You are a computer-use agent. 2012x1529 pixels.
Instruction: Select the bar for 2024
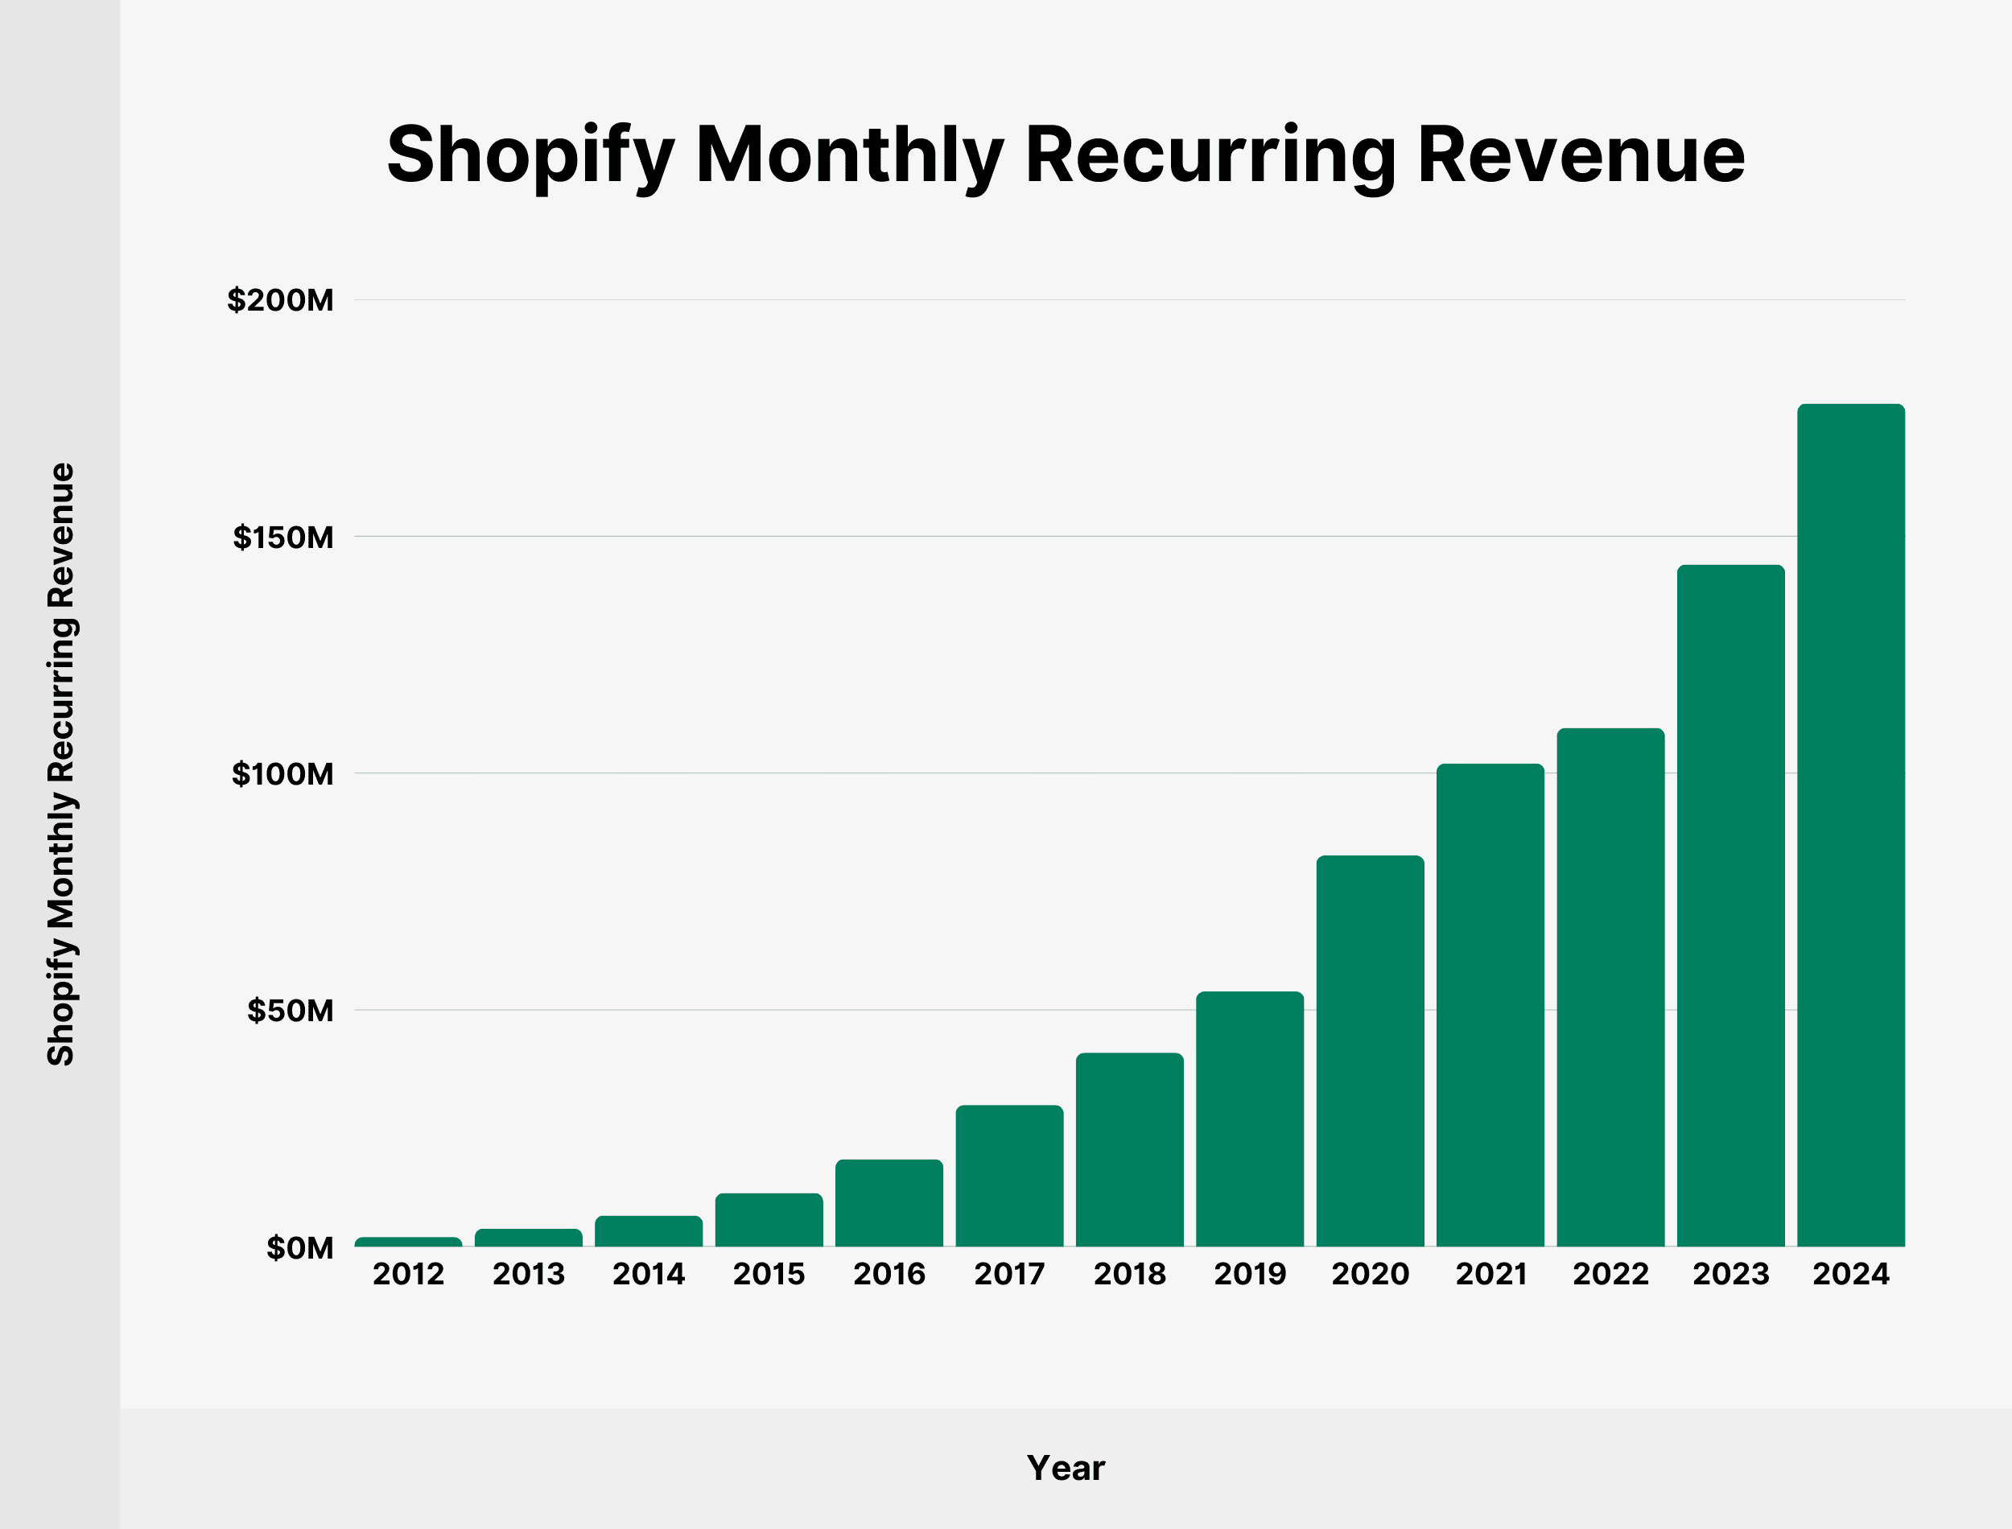[x=1850, y=825]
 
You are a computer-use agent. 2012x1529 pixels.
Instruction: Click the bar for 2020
[x=1370, y=1050]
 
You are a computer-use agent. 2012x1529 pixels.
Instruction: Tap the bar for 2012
[x=408, y=1242]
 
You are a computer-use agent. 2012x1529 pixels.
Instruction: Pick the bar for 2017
[x=1009, y=1175]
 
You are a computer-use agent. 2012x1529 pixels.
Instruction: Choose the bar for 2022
[x=1610, y=987]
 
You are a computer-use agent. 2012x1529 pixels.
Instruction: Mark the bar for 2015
[x=769, y=1218]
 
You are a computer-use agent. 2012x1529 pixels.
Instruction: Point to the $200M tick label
[x=280, y=299]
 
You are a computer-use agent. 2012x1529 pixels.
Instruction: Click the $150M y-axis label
[x=283, y=537]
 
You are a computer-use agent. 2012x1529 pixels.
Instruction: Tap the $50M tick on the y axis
[x=291, y=1010]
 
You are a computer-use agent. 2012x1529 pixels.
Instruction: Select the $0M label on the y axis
[x=299, y=1248]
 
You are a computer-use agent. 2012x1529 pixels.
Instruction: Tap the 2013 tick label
[x=528, y=1273]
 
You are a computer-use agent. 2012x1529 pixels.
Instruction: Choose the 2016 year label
[x=889, y=1273]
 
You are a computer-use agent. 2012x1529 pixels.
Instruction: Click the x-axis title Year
[x=1065, y=1467]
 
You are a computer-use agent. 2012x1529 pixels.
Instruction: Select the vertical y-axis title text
[x=61, y=764]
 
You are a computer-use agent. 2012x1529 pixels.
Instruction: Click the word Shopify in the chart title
[x=530, y=155]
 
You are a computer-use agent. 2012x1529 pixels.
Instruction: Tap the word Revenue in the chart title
[x=1581, y=155]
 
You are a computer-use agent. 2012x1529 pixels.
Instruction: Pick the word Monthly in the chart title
[x=849, y=155]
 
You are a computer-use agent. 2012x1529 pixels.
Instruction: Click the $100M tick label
[x=282, y=773]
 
